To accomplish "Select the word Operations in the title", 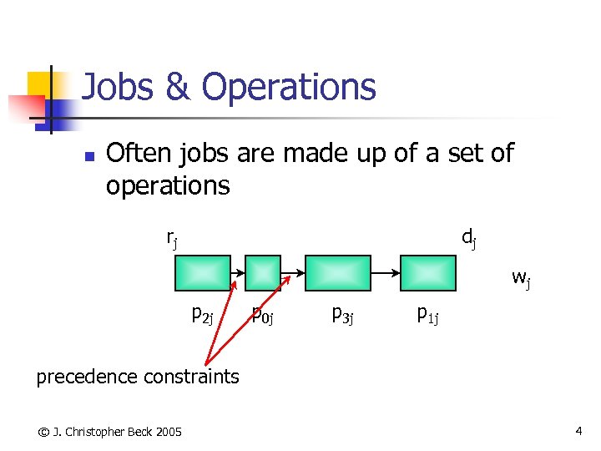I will coord(288,87).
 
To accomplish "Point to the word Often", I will coord(138,154).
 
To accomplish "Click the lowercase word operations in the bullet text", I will coord(167,185).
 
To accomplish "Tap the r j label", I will coord(171,239).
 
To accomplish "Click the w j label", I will coord(521,278).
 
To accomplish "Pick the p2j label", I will coord(203,315).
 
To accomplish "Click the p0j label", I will coord(264,315).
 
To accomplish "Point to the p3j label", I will coord(342,315).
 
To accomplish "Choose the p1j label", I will coord(428,315).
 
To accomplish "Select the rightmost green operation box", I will coord(428,272).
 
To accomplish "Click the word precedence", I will coord(87,377).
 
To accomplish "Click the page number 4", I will coord(578,431).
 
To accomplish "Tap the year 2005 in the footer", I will coord(167,431).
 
